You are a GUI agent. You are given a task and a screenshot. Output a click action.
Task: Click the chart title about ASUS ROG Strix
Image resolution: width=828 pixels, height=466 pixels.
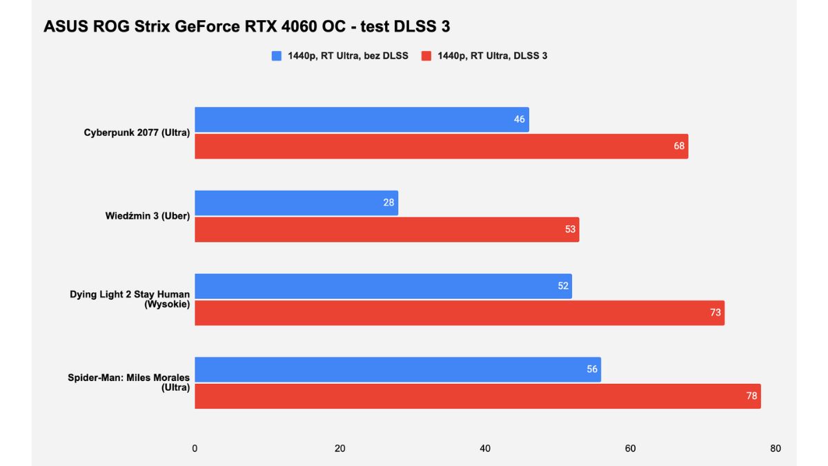[x=246, y=26]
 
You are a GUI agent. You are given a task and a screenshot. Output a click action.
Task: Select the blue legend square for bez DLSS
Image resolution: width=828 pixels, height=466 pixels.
[x=277, y=56]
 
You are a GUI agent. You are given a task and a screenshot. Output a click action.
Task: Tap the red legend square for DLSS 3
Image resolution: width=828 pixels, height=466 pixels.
[x=426, y=56]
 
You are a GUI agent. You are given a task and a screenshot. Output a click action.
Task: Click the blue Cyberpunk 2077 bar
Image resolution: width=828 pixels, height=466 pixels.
[x=362, y=119]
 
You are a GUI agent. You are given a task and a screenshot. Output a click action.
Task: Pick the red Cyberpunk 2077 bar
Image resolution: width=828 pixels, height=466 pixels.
[x=441, y=146]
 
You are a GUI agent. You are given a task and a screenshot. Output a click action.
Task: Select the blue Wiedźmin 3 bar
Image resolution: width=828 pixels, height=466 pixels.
[x=296, y=203]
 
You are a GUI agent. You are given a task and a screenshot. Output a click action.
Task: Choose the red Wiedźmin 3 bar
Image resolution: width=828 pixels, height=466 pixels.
[x=386, y=229]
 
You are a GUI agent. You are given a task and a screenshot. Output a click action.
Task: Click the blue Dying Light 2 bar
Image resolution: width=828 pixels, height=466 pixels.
[x=383, y=286]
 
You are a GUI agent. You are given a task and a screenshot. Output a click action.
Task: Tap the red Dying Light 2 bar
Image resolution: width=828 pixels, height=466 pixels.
[x=459, y=313]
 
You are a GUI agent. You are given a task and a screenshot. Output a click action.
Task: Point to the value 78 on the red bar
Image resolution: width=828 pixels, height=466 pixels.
[x=751, y=396]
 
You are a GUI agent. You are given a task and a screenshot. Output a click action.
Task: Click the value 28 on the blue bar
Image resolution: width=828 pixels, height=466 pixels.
[x=388, y=203]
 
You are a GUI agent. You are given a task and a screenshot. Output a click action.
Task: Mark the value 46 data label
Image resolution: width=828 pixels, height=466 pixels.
[x=519, y=119]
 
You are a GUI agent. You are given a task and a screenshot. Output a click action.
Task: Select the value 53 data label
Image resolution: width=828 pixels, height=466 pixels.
[x=570, y=229]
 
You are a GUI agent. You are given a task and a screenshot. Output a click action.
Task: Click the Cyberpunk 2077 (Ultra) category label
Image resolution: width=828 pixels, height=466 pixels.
[x=137, y=133]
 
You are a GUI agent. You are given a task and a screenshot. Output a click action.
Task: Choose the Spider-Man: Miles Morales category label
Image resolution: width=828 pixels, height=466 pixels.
[x=128, y=382]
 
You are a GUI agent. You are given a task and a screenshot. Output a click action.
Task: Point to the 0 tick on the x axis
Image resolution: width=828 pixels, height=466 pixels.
[x=195, y=449]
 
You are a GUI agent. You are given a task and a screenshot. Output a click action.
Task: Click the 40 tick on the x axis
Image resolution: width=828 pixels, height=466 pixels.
[x=485, y=449]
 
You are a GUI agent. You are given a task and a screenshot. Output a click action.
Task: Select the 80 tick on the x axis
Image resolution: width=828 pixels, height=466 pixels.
[x=776, y=449]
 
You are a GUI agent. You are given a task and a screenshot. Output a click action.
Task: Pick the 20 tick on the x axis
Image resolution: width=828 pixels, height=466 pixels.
[x=339, y=449]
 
